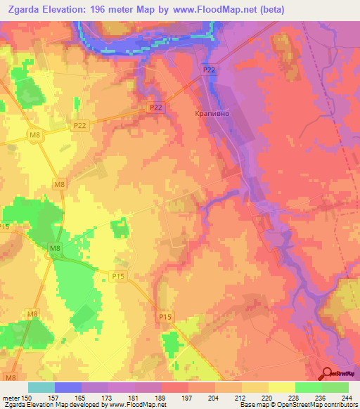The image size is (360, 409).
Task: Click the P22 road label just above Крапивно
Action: pos(209,70)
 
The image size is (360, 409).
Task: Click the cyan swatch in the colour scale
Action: pos(41,387)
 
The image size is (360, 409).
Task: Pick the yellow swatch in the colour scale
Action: pos(282,387)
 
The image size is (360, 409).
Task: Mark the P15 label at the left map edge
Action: pos(5,226)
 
